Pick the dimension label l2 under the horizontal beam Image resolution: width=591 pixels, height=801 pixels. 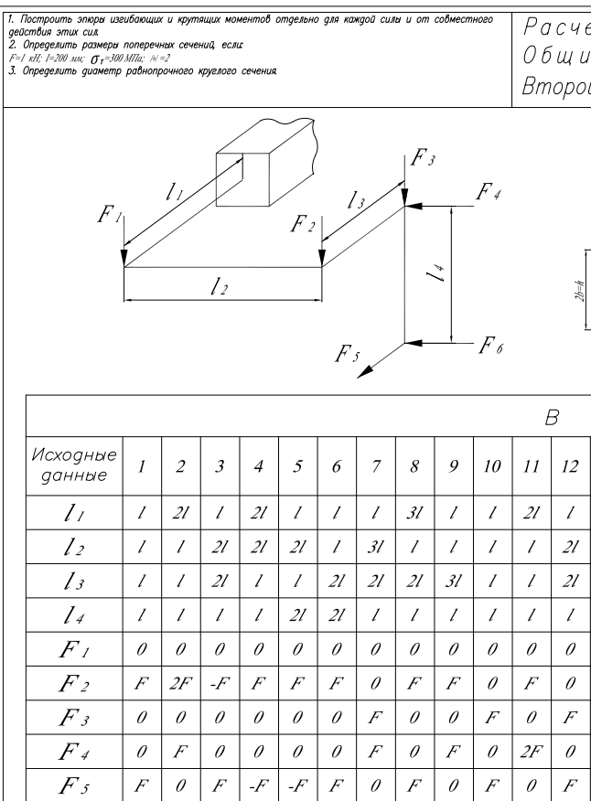tap(219, 287)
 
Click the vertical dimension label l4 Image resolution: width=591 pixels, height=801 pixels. tap(441, 272)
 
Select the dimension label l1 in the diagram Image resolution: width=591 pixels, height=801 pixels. tap(172, 191)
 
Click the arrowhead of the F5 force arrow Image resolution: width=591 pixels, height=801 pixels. tap(361, 371)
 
